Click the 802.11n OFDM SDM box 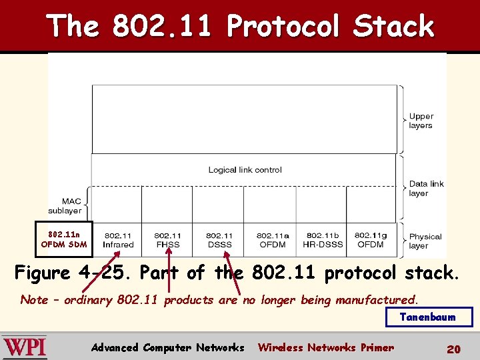click(x=63, y=239)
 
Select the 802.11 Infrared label click(x=117, y=240)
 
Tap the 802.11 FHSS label click(x=167, y=240)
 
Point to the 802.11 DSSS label click(x=219, y=240)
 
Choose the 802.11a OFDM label click(x=273, y=240)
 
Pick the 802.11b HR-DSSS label click(x=323, y=240)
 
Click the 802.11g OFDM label click(x=371, y=240)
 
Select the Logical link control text click(x=245, y=170)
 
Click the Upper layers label click(x=421, y=121)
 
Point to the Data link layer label click(x=426, y=189)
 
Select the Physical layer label click(x=425, y=241)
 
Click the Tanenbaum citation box click(x=429, y=317)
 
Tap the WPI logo click(x=25, y=347)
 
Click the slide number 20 click(x=454, y=349)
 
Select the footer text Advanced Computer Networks click(x=167, y=347)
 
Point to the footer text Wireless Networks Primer click(x=326, y=347)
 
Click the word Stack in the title click(x=393, y=27)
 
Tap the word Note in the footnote click(x=34, y=300)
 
